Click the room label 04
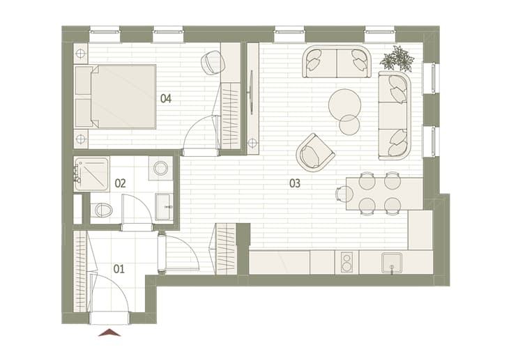pyautogui.click(x=165, y=98)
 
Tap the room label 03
pyautogui.click(x=295, y=183)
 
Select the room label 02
pyautogui.click(x=120, y=183)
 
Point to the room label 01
pyautogui.click(x=119, y=269)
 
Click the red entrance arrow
pyautogui.click(x=109, y=332)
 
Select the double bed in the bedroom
pyautogui.click(x=115, y=96)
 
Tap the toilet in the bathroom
pyautogui.click(x=102, y=210)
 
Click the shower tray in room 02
pyautogui.click(x=91, y=174)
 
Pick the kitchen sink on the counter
pyautogui.click(x=392, y=263)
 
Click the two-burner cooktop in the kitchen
pyautogui.click(x=346, y=263)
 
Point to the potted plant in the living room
pyautogui.click(x=397, y=59)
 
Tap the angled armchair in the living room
pyautogui.click(x=315, y=153)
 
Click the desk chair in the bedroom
pyautogui.click(x=213, y=62)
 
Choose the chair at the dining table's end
pyautogui.click(x=344, y=194)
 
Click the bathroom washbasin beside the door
pyautogui.click(x=163, y=207)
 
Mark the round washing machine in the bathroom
pyautogui.click(x=160, y=168)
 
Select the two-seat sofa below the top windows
pyautogui.click(x=337, y=62)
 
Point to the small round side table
pyautogui.click(x=349, y=125)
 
